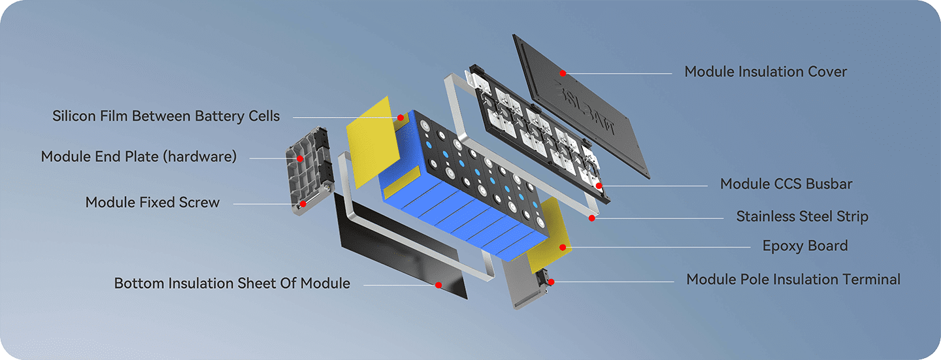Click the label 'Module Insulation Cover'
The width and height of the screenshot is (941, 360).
(765, 72)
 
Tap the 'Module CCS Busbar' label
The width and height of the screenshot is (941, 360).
(786, 184)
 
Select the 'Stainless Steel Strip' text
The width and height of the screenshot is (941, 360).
(802, 216)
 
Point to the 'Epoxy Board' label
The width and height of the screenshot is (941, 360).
(805, 246)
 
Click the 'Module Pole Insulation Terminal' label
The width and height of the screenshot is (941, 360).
(793, 280)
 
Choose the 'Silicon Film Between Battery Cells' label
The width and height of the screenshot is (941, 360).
(166, 116)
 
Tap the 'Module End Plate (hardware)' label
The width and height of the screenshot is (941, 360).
(139, 157)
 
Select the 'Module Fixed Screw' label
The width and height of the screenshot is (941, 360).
(152, 203)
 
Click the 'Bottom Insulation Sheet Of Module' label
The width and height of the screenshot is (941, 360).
(232, 284)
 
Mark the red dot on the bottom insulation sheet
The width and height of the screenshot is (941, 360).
(438, 285)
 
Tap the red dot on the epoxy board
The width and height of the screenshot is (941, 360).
(562, 247)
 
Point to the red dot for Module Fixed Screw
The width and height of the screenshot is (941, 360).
(303, 204)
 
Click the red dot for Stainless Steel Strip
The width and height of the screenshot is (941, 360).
(591, 218)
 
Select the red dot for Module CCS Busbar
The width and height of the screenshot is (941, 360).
(599, 186)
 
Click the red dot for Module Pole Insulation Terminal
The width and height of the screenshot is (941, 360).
(552, 282)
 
